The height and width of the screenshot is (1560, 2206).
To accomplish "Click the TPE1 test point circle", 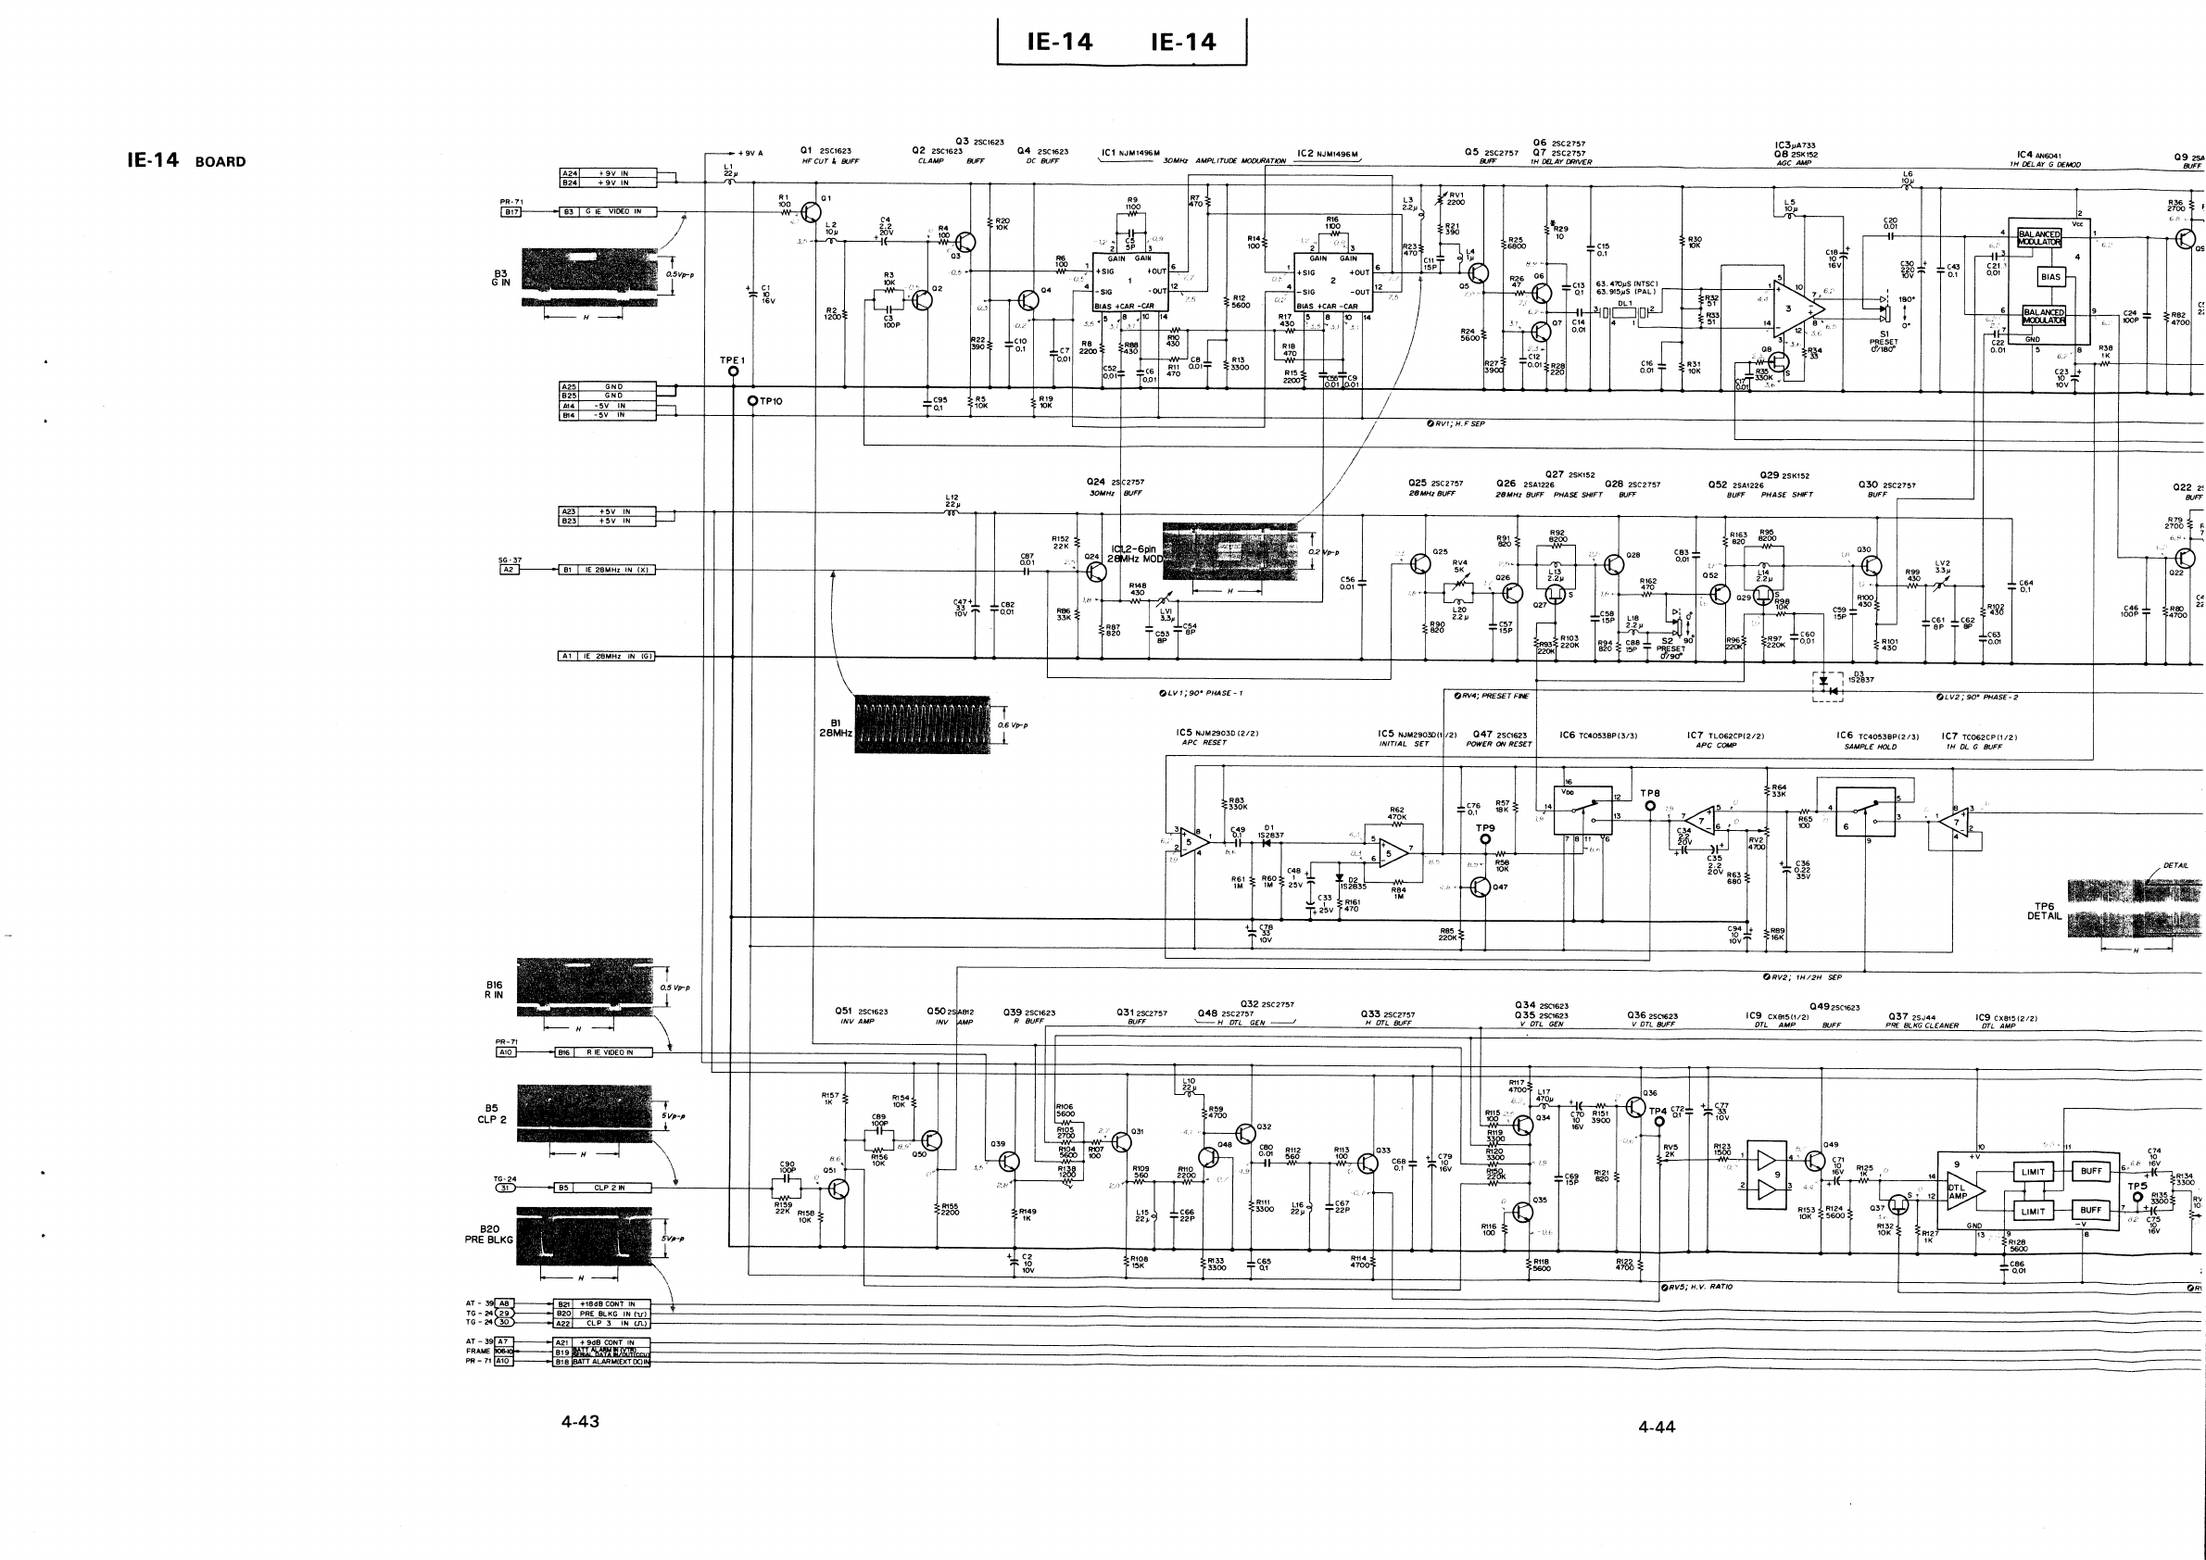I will (x=733, y=371).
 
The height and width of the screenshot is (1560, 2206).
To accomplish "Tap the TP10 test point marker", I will (x=753, y=400).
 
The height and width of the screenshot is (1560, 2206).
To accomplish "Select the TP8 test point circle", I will (x=1650, y=806).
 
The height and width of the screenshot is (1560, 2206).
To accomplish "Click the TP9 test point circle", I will (x=1484, y=838).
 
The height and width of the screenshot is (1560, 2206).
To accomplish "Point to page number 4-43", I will (x=580, y=1422).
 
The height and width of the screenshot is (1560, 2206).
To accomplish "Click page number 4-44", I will (x=1657, y=1428).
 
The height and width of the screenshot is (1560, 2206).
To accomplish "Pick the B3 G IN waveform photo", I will (x=589, y=278).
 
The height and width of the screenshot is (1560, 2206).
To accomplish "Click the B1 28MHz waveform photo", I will (x=922, y=724).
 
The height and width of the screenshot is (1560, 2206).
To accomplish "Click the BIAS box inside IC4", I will (x=2049, y=277).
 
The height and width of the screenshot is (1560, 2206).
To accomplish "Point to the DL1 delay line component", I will (x=1625, y=310).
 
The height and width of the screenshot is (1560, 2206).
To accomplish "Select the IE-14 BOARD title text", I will (x=186, y=160).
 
